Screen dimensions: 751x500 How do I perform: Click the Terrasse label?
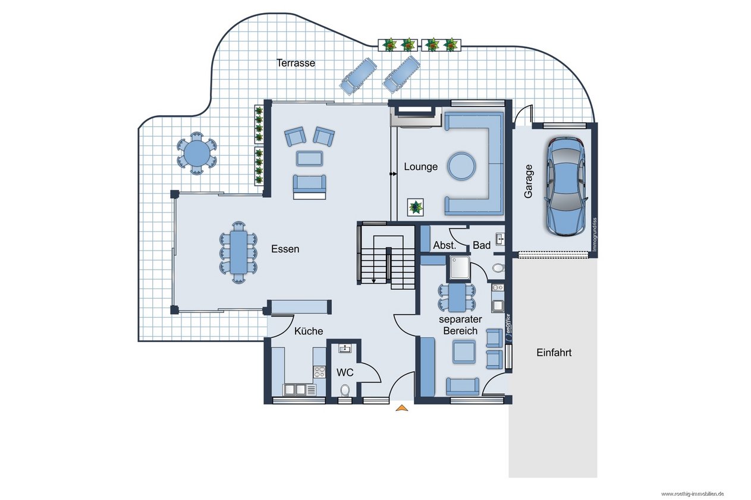pyautogui.click(x=296, y=63)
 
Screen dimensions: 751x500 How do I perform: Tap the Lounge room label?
pyautogui.click(x=421, y=167)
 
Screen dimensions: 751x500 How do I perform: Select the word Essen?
pyautogui.click(x=285, y=249)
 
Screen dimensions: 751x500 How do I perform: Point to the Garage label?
pyautogui.click(x=529, y=181)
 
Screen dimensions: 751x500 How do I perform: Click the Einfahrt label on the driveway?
pyautogui.click(x=554, y=352)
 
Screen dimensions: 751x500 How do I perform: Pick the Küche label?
pyautogui.click(x=309, y=331)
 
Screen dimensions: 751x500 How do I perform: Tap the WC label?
pyautogui.click(x=345, y=372)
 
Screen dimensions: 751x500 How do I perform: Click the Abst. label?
pyautogui.click(x=445, y=245)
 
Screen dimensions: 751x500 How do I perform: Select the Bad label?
pyautogui.click(x=482, y=245)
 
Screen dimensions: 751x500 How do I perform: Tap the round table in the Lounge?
pyautogui.click(x=462, y=166)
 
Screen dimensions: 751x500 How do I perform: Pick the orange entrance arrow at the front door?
pyautogui.click(x=402, y=408)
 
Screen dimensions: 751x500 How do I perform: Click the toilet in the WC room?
pyautogui.click(x=345, y=391)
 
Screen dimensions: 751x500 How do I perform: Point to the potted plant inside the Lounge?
pyautogui.click(x=416, y=207)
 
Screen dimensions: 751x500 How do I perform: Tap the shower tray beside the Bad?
pyautogui.click(x=460, y=267)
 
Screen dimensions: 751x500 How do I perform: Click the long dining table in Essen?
pyautogui.click(x=238, y=252)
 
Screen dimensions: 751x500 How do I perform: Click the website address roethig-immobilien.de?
pyautogui.click(x=692, y=494)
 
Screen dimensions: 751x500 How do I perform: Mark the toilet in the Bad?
pyautogui.click(x=498, y=267)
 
